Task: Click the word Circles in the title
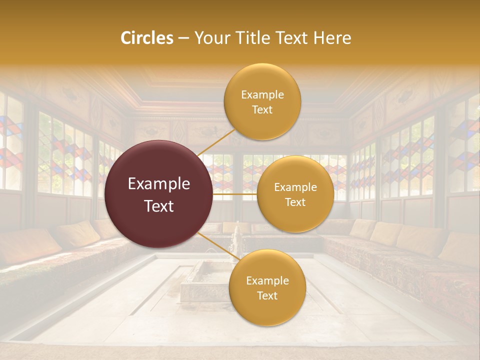[147, 38]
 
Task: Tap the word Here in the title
[332, 38]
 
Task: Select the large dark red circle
[158, 194]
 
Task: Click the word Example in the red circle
[159, 184]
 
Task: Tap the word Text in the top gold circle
[262, 109]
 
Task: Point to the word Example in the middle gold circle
[295, 187]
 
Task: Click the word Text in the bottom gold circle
[267, 295]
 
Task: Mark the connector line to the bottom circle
[218, 247]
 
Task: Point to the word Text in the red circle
[159, 206]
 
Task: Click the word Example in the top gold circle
[262, 94]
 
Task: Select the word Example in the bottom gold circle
[267, 280]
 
